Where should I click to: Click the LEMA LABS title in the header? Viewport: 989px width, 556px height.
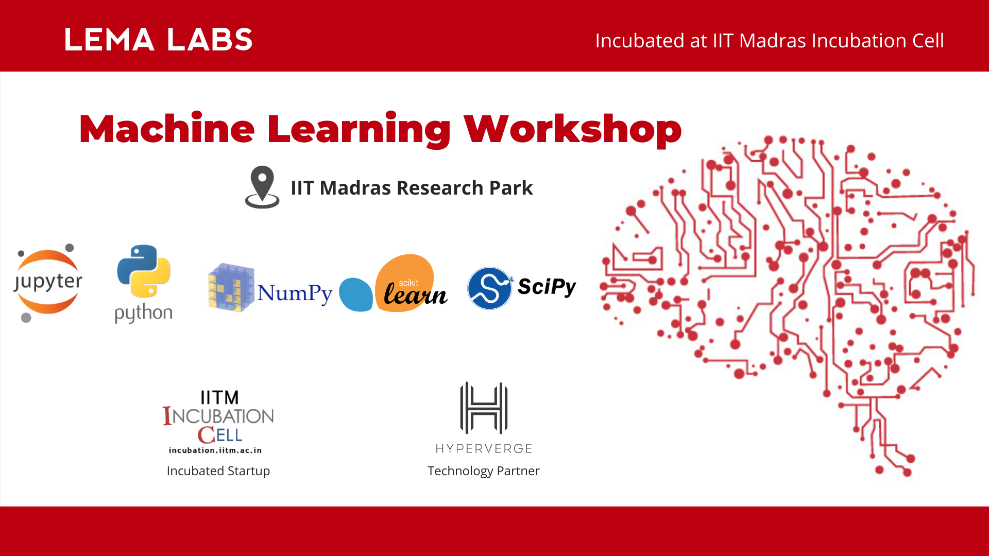tap(158, 40)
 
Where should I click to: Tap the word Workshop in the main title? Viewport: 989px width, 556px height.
tap(573, 129)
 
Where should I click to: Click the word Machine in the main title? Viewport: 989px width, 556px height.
tap(167, 129)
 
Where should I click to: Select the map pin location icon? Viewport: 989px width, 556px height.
tap(262, 186)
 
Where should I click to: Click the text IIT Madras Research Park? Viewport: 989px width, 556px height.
tap(411, 188)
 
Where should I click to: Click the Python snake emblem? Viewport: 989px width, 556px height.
tap(144, 271)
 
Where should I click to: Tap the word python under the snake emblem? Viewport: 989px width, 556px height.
tap(143, 313)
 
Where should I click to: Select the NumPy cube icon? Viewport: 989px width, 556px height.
tap(231, 287)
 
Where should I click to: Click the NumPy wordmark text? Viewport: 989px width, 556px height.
tap(295, 293)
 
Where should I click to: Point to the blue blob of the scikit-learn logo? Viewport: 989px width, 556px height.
tap(355, 295)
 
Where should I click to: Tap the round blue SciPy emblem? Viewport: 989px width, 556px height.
tap(489, 288)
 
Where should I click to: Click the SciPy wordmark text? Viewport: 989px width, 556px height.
tap(547, 287)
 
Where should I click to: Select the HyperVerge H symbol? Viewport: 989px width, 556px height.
tap(483, 408)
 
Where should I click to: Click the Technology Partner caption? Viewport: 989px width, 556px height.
tap(483, 471)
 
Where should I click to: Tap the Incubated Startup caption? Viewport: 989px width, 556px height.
tap(218, 471)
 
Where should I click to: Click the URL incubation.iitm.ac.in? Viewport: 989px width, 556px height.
tap(215, 450)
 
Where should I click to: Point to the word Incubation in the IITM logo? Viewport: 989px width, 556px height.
tap(218, 416)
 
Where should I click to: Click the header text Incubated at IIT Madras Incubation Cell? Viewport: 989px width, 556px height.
tap(769, 41)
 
